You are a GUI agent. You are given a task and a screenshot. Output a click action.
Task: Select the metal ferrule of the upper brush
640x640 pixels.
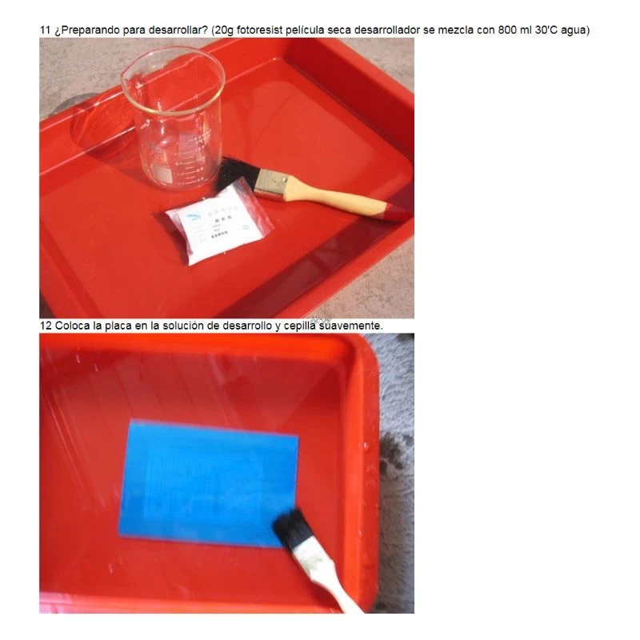(x=270, y=184)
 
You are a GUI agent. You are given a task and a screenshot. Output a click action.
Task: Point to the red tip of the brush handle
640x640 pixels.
(x=395, y=213)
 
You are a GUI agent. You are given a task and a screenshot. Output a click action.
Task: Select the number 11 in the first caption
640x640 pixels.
(x=46, y=30)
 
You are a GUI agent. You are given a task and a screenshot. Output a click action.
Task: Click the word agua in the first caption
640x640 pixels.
(x=574, y=30)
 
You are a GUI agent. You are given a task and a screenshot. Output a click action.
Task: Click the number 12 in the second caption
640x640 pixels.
(x=46, y=326)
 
